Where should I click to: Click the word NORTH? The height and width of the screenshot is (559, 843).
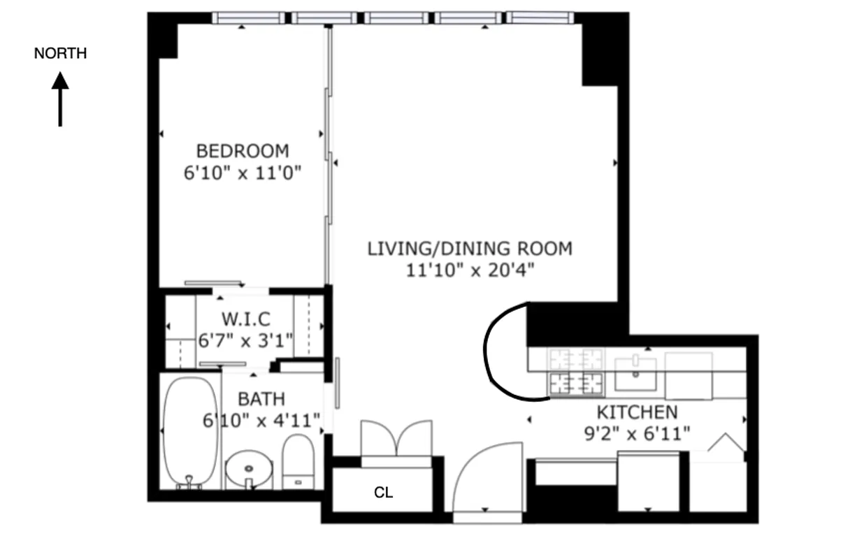[60, 54]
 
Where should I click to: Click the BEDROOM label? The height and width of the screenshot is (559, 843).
[242, 151]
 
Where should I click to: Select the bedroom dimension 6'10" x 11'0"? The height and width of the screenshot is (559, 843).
[242, 173]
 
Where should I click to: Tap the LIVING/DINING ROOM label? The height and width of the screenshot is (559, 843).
[470, 248]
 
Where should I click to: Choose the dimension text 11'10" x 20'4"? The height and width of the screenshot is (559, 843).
[470, 270]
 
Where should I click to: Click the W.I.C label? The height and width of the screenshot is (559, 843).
[245, 320]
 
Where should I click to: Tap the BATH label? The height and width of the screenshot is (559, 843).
[261, 399]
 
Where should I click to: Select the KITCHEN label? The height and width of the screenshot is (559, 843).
[636, 412]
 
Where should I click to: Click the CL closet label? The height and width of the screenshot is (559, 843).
[383, 493]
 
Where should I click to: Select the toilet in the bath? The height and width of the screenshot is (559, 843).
[299, 461]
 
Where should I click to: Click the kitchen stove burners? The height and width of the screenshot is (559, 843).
[576, 371]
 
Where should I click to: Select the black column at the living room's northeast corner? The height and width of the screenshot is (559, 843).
[599, 56]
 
